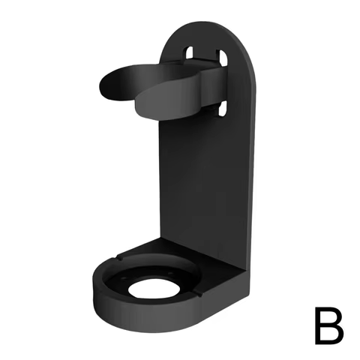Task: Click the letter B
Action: (x=327, y=324)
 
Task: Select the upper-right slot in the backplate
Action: (x=223, y=57)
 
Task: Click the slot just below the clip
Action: (x=223, y=109)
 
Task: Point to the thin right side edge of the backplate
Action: (x=256, y=165)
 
